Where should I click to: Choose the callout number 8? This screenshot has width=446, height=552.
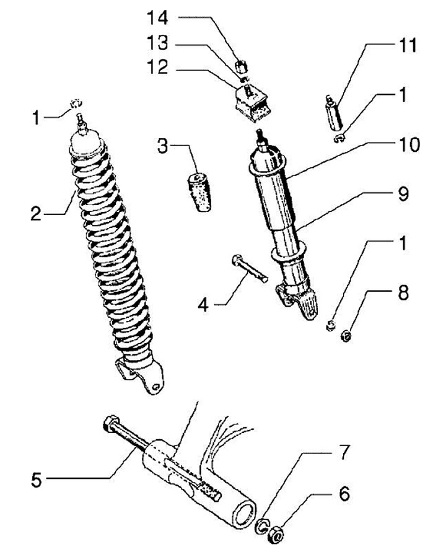(x=403, y=293)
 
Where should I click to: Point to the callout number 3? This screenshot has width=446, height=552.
(x=162, y=146)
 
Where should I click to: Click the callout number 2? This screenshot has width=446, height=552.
(x=37, y=215)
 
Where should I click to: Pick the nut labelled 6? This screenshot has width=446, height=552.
(x=277, y=531)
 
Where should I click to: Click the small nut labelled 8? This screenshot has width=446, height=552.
(x=347, y=336)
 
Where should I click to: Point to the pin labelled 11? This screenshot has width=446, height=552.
(x=331, y=112)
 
